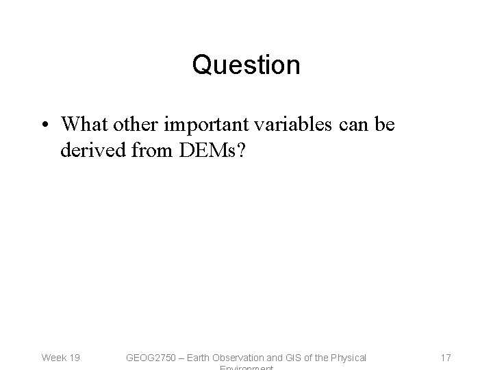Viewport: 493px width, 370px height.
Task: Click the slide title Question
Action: pyautogui.click(x=246, y=65)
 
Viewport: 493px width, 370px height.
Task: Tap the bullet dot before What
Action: pyautogui.click(x=45, y=125)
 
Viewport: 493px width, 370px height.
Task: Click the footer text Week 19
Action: pyautogui.click(x=60, y=357)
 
